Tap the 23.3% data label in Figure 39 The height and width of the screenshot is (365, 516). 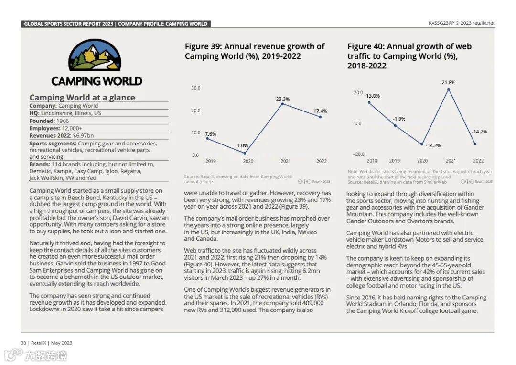click(282, 99)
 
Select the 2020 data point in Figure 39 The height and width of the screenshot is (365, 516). click(245, 154)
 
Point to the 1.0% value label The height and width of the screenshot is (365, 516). click(242, 145)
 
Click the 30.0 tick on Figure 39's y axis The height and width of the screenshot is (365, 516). click(196, 88)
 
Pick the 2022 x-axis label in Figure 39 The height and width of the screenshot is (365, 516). click(322, 161)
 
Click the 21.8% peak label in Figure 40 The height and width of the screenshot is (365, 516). click(448, 82)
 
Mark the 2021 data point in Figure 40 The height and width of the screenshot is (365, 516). click(449, 89)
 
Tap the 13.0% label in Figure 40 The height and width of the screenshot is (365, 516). click(373, 96)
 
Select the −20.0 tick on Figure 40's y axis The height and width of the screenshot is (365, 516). click(358, 154)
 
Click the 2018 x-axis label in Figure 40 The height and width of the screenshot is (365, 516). click(372, 161)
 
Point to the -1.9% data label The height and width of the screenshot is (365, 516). click(398, 119)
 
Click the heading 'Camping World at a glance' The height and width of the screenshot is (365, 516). click(82, 98)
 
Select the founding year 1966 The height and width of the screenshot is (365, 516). click(63, 121)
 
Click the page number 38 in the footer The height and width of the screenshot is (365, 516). click(23, 343)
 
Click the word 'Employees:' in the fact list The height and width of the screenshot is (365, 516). click(44, 128)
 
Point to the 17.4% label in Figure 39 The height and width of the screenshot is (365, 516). click(320, 111)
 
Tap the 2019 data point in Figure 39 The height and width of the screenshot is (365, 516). click(207, 138)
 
